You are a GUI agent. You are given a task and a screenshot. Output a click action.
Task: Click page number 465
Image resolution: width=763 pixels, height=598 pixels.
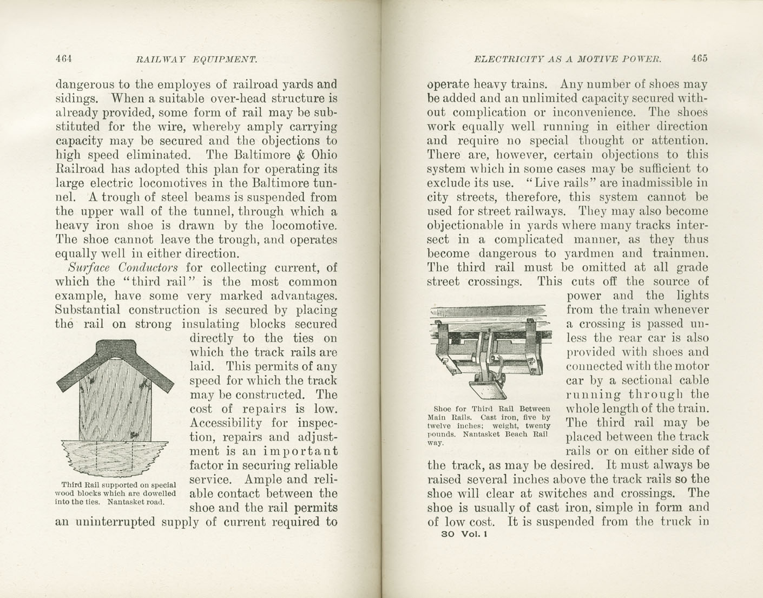pos(698,58)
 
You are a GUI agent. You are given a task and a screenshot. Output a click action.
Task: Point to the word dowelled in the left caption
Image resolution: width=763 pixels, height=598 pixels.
pos(157,494)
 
